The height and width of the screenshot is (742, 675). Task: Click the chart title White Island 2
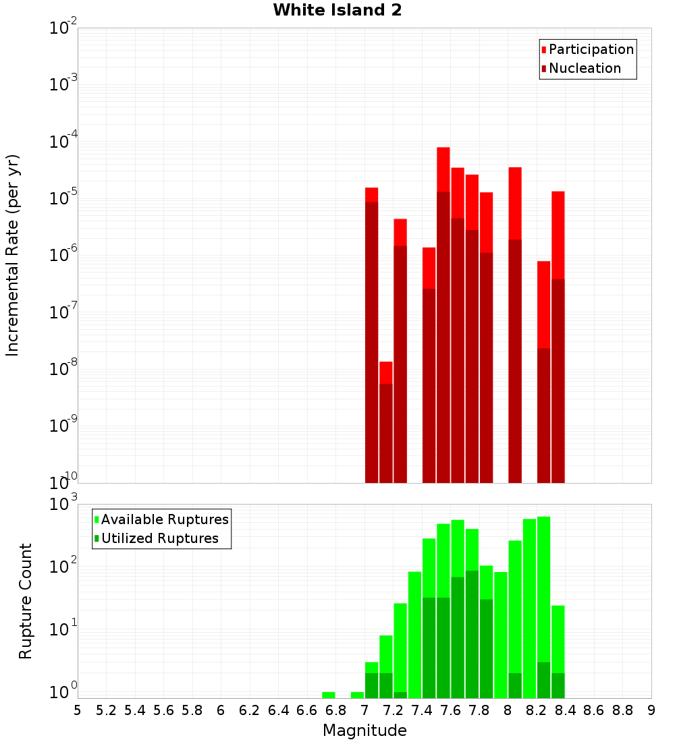pos(337,11)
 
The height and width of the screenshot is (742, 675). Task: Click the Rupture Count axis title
pos(26,601)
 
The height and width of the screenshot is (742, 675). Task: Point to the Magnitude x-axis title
pos(364,731)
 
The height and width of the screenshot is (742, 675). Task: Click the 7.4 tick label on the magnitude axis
pos(422,710)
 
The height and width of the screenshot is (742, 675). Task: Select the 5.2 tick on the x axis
pos(106,710)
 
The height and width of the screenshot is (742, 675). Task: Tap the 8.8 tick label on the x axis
pos(622,710)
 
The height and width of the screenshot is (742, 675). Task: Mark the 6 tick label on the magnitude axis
pos(221,710)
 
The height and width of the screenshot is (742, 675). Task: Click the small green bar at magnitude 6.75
pos(329,695)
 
